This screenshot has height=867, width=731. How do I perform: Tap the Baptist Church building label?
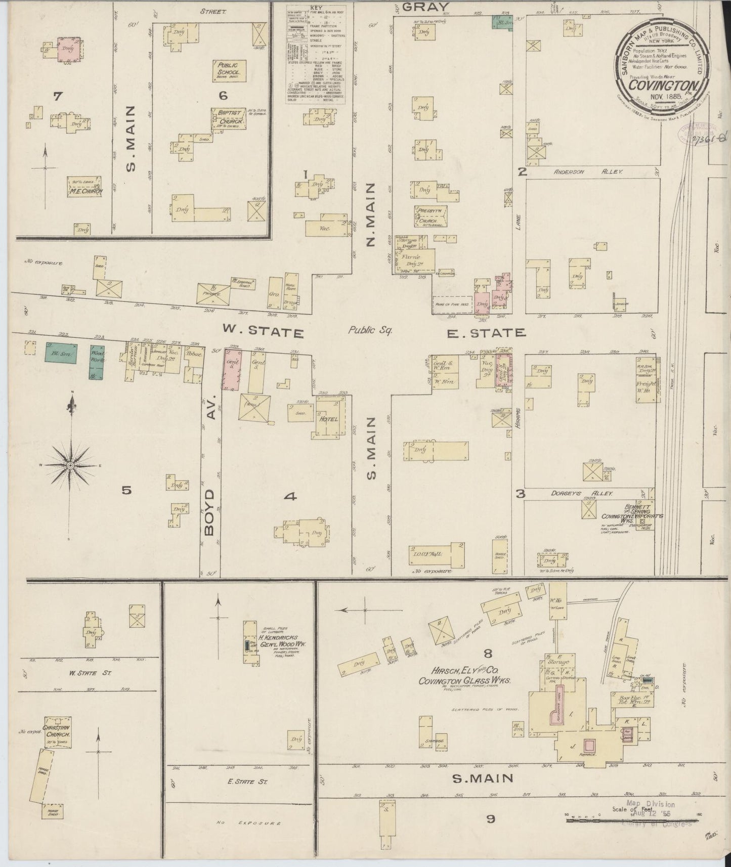tap(231, 118)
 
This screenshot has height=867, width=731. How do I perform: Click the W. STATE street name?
tap(264, 332)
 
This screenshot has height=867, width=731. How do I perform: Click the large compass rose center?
tap(71, 465)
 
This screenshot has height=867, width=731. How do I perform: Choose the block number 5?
tap(126, 490)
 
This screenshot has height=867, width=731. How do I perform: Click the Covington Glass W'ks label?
tap(464, 681)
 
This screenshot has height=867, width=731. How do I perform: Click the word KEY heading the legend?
tap(315, 9)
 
